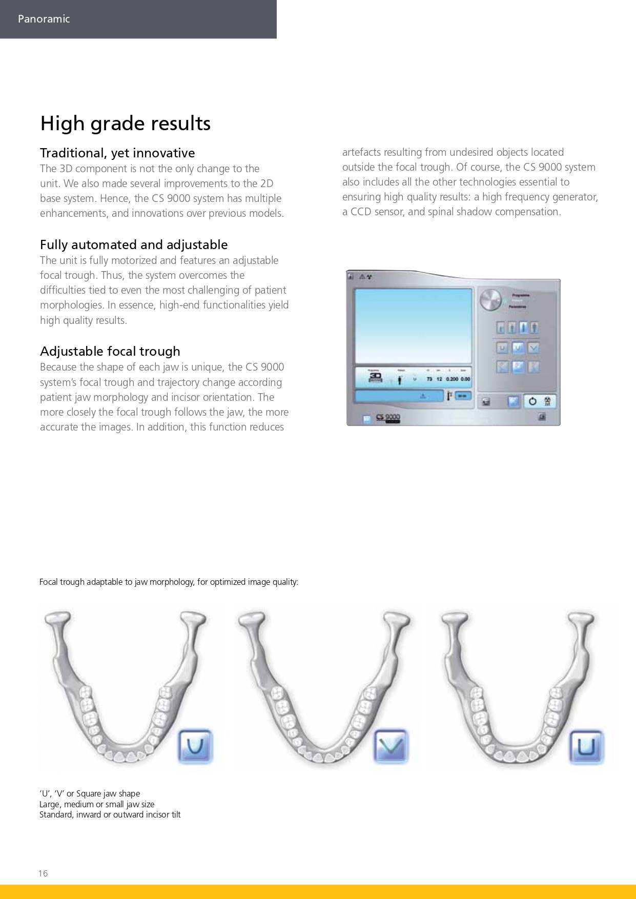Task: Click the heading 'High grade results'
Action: (125, 124)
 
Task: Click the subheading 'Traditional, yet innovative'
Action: (117, 153)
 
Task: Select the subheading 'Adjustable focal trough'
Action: (110, 351)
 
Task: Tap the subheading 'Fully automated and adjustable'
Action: (134, 244)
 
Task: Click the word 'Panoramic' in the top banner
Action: (44, 19)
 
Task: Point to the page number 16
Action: (43, 873)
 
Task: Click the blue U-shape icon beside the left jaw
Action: (195, 746)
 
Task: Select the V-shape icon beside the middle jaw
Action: (391, 746)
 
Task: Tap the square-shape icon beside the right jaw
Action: (587, 746)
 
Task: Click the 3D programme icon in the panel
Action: (376, 378)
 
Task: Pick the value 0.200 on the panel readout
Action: (452, 379)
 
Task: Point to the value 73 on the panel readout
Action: (429, 379)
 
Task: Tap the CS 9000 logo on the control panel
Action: (388, 418)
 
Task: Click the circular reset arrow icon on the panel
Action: (532, 401)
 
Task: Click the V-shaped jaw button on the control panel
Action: (533, 348)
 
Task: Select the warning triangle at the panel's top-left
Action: (361, 277)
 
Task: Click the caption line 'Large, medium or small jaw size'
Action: (97, 804)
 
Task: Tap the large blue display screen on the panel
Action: (413, 325)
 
